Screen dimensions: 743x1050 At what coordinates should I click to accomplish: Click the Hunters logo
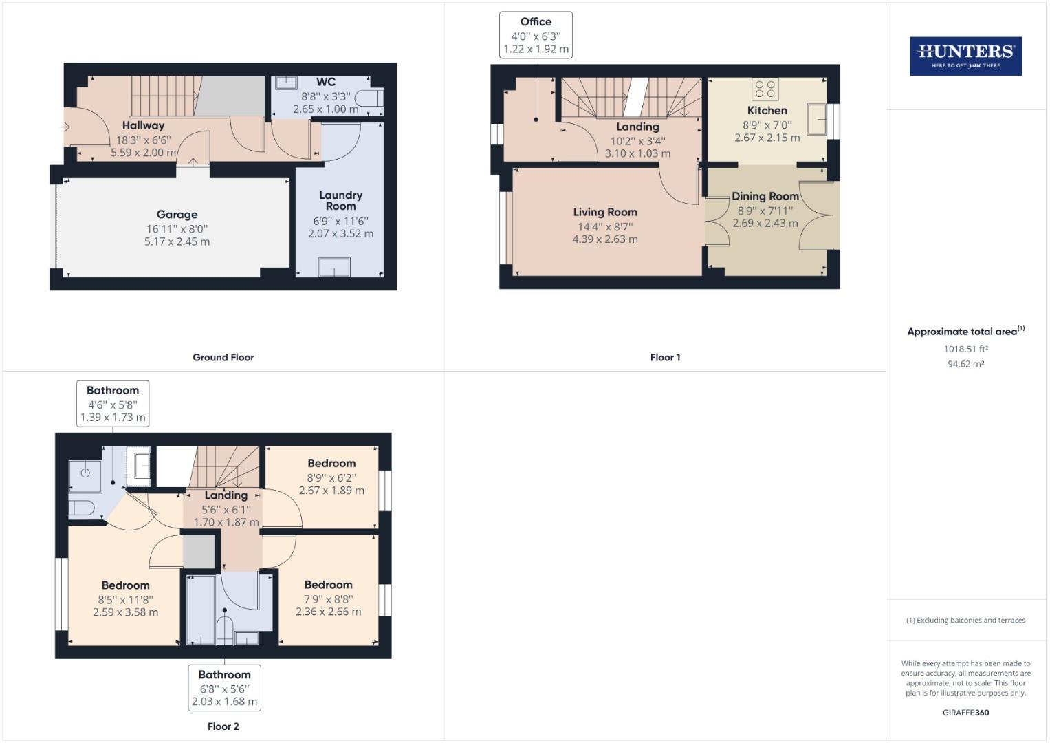coord(965,56)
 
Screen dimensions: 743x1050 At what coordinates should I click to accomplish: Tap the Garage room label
coord(177,215)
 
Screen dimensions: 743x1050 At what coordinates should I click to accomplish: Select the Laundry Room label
coord(340,200)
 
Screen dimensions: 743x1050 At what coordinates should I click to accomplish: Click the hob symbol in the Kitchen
coord(765,89)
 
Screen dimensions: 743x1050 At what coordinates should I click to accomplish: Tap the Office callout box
coord(536,35)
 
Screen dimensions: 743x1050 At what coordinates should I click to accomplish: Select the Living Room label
coord(605,212)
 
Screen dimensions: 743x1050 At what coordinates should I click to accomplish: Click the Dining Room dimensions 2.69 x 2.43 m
coord(765,224)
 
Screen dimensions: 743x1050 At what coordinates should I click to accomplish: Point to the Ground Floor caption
coord(223,358)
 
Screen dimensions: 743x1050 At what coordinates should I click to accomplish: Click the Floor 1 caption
coord(665,358)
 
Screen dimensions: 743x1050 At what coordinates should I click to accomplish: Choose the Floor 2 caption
coord(223,726)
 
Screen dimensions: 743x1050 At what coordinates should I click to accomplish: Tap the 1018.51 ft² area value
coord(965,349)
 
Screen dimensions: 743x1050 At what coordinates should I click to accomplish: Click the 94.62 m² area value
coord(965,364)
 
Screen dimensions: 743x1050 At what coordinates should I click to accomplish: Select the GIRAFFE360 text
coord(965,713)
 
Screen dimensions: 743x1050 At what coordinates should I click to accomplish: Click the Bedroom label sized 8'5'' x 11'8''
coord(125,585)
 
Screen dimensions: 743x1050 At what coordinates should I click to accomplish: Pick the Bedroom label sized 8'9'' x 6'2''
coord(331,464)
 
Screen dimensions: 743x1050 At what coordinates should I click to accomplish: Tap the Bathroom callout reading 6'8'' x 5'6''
coord(224,688)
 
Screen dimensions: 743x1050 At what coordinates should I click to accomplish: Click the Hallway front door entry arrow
coord(65,127)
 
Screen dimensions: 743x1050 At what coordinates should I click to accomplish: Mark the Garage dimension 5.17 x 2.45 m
coord(177,242)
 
